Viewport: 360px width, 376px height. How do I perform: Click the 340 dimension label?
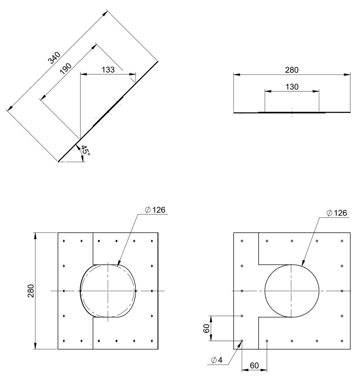[54, 58]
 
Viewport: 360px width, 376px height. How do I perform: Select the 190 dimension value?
[66, 69]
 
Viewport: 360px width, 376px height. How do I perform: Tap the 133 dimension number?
[108, 70]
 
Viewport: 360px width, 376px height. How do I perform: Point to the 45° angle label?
[85, 150]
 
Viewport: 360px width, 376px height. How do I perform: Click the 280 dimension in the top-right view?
[292, 70]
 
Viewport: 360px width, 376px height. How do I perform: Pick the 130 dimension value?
[292, 87]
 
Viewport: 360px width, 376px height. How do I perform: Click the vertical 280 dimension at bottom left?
[31, 291]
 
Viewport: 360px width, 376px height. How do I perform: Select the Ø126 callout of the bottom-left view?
[155, 210]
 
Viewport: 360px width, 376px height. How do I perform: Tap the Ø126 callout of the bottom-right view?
[337, 213]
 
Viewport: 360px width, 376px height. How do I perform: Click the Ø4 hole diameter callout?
[217, 360]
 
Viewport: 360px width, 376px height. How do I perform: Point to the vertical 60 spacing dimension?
[206, 328]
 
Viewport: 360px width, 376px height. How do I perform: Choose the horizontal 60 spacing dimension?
[254, 366]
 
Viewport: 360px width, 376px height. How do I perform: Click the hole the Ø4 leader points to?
[242, 341]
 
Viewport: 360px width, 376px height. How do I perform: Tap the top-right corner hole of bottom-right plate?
[342, 241]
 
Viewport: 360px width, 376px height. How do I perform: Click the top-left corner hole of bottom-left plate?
[64, 241]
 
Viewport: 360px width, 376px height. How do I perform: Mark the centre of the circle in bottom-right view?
[292, 291]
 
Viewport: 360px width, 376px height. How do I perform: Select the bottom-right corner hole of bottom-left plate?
[152, 341]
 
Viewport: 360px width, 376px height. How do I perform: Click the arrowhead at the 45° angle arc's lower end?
[82, 159]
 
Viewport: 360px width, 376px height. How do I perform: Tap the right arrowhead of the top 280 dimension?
[347, 75]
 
